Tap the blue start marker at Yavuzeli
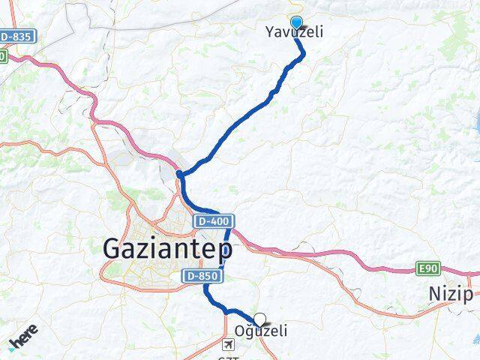point(296,23)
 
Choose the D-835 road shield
point(16,36)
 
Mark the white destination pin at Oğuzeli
point(259,319)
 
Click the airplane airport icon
point(229,344)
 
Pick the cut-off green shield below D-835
point(2,56)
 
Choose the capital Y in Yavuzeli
point(270,32)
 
